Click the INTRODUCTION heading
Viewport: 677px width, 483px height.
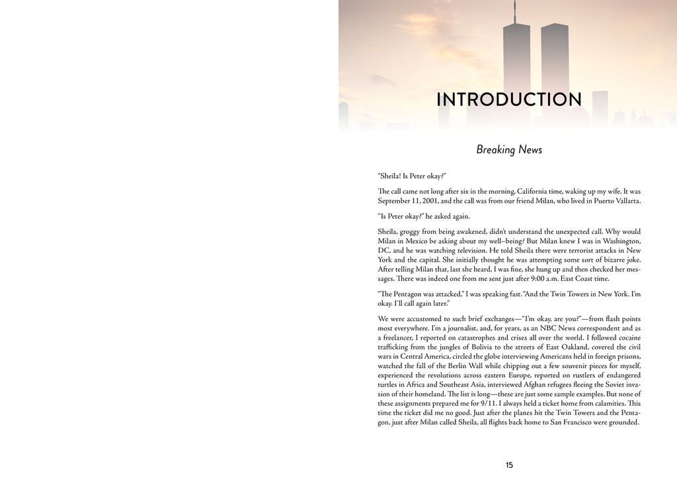509,100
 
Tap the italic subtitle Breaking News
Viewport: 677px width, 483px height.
509,150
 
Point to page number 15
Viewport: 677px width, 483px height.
509,465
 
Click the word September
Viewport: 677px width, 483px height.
395,201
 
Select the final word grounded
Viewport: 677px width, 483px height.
620,423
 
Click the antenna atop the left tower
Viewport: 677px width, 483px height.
515,12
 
